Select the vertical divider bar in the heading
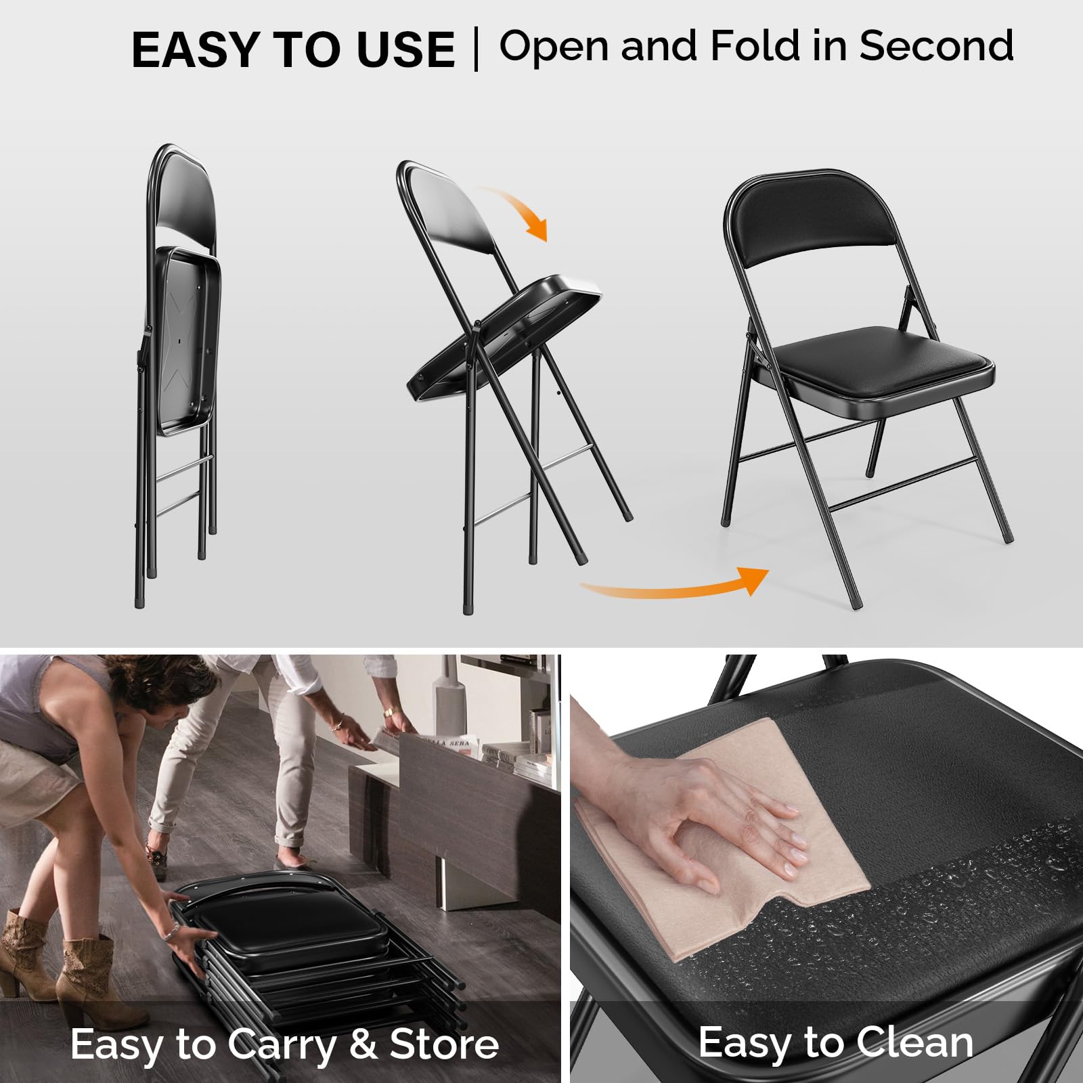point(477,49)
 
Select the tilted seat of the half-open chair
point(504,332)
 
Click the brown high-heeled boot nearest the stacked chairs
point(85,975)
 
